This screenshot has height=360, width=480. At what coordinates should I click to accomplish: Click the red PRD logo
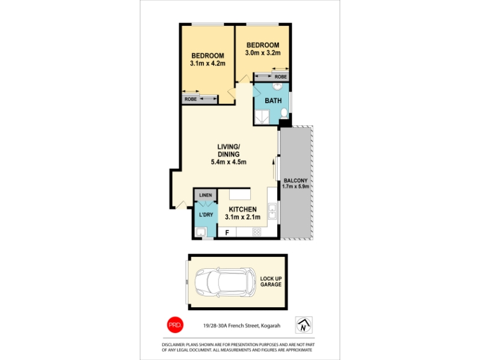(x=175, y=325)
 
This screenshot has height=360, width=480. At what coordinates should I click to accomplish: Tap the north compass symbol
(x=304, y=325)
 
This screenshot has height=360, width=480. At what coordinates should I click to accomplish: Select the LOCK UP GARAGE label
(x=271, y=281)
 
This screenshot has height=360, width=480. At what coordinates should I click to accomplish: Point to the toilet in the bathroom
(x=284, y=113)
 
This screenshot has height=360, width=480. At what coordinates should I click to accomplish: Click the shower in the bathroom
(x=262, y=116)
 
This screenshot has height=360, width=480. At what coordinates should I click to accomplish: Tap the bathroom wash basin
(x=278, y=86)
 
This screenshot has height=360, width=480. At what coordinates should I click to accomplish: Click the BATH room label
(x=273, y=100)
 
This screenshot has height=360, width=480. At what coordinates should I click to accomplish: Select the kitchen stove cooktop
(x=257, y=232)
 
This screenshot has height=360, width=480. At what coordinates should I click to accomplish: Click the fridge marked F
(x=227, y=233)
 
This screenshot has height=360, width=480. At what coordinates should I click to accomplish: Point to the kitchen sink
(x=272, y=211)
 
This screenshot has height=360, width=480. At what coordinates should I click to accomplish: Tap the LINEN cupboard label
(x=205, y=195)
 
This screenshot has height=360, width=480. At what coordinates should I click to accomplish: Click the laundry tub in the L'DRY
(x=201, y=232)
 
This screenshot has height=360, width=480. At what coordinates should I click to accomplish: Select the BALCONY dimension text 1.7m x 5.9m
(x=295, y=186)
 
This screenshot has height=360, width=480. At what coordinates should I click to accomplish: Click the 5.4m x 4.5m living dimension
(x=229, y=162)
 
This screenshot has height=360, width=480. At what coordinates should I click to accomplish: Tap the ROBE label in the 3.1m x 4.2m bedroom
(x=190, y=99)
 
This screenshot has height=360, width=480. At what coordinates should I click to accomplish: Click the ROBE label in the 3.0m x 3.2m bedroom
(x=281, y=77)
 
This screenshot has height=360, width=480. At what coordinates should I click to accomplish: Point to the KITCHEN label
(x=243, y=209)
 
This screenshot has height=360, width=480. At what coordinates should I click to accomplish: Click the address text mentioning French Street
(x=242, y=326)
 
